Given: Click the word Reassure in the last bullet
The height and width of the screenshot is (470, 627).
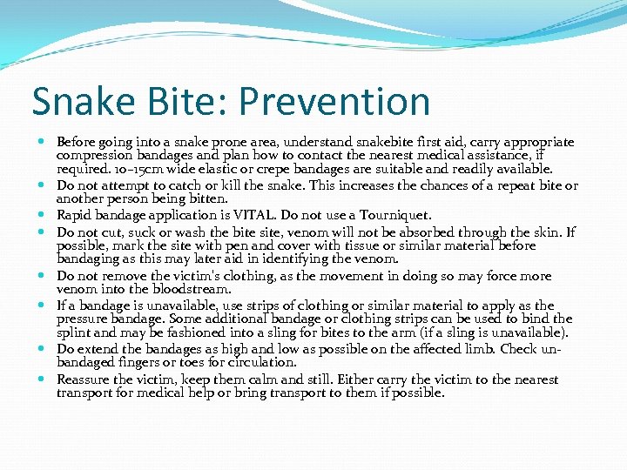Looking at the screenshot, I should tap(84, 379).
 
